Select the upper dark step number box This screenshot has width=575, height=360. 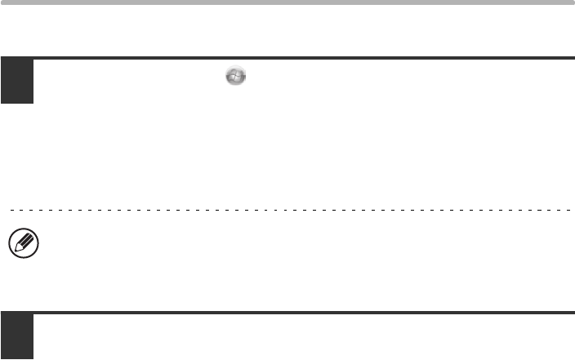coord(16,80)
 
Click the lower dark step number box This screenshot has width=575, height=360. coord(16,336)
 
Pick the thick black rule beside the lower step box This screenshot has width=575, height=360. coord(302,313)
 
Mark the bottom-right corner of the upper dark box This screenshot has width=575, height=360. coord(33,103)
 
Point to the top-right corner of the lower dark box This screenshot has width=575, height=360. coord(33,313)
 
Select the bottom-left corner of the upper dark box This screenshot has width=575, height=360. coord(2,103)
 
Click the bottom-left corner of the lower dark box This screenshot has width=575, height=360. coord(2,358)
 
